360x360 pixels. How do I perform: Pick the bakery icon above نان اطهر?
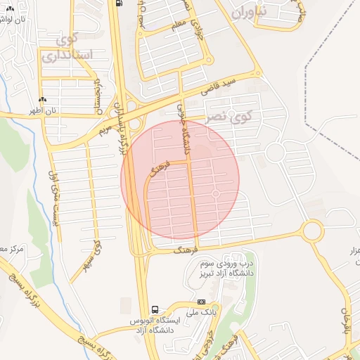pos(44,101)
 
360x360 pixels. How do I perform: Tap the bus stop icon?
pos(155,309)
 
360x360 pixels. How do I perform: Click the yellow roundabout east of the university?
pos(312,230)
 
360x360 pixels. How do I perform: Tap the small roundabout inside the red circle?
pos(216,193)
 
